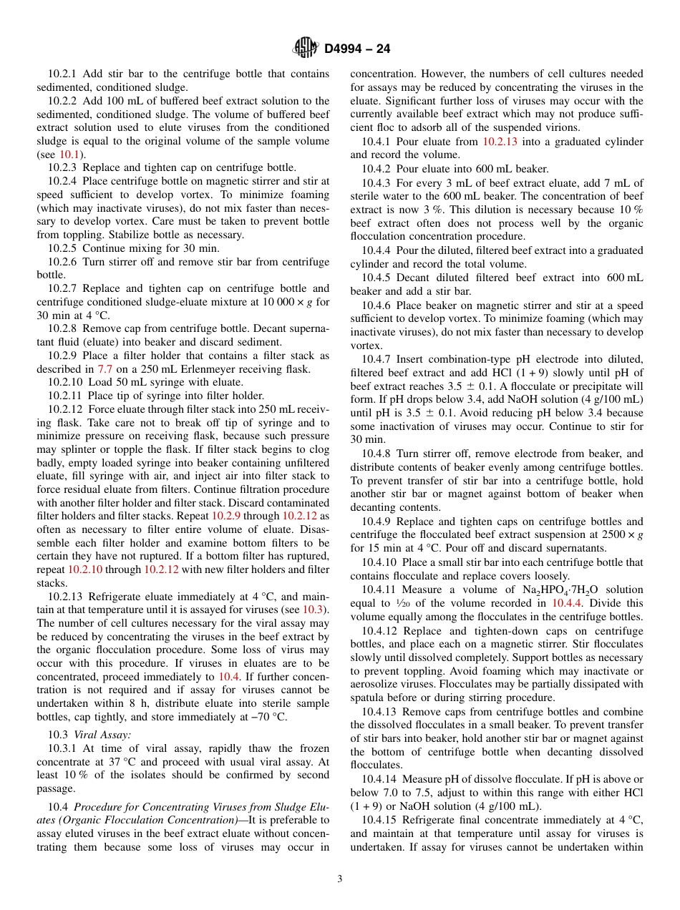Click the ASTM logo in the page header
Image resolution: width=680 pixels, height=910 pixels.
pyautogui.click(x=306, y=48)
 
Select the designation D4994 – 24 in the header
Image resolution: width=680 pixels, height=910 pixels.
pyautogui.click(x=357, y=49)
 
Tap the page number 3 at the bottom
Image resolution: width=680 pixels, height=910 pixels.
pyautogui.click(x=339, y=879)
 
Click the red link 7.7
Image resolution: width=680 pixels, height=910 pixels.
pyautogui.click(x=105, y=369)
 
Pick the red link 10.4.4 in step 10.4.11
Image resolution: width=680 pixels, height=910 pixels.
pyautogui.click(x=570, y=603)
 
